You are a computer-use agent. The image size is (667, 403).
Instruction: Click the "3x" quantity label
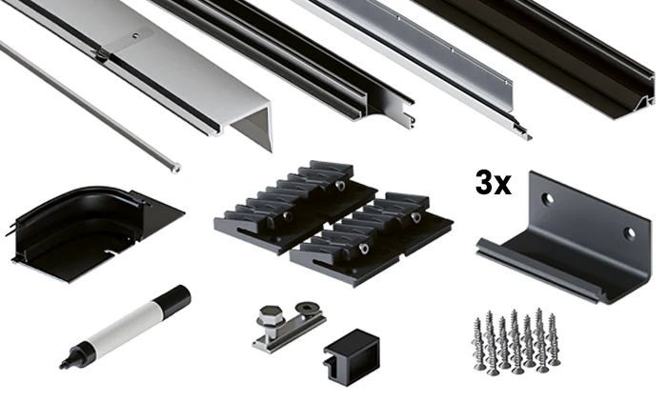coord(493,183)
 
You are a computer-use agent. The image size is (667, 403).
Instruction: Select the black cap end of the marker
coord(173,299)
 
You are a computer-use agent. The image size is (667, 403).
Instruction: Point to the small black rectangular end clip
coord(352,356)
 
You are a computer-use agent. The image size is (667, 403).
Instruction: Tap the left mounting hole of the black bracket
coord(548,197)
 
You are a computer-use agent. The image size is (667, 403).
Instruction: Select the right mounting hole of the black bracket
coord(629,233)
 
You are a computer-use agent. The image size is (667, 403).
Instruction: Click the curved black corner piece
coord(85,232)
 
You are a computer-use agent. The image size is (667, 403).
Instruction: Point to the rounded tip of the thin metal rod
coord(175,169)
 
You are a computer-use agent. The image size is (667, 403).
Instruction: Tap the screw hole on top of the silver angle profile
coord(135,36)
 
